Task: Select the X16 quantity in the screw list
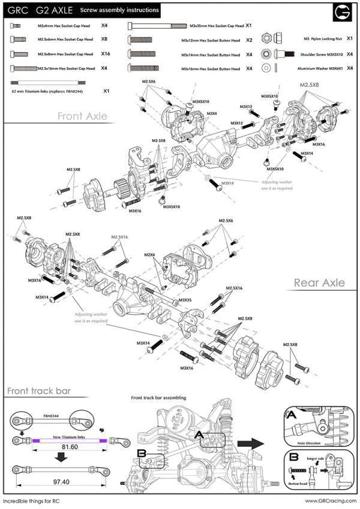(106, 53)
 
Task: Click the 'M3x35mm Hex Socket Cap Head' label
(216, 26)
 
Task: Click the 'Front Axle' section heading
(82, 116)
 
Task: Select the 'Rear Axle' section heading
(319, 282)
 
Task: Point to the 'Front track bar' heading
(39, 391)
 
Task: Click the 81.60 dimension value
(65, 446)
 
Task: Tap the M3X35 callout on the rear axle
(184, 300)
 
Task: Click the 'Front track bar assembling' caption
(158, 397)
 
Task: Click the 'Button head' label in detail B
(298, 483)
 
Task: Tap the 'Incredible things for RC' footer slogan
(31, 501)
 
